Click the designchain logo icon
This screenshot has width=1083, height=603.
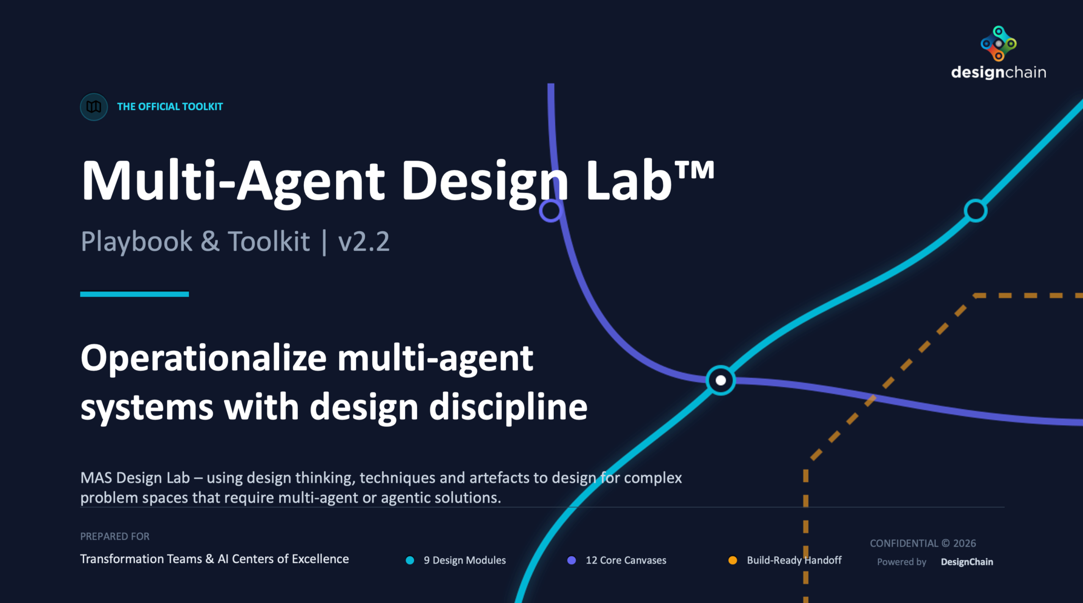pyautogui.click(x=998, y=43)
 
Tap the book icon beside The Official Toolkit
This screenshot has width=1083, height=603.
pyautogui.click(x=93, y=106)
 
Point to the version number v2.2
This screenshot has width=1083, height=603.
pyautogui.click(x=363, y=242)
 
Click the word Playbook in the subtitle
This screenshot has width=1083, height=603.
pyautogui.click(x=136, y=242)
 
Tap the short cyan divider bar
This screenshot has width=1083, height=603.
pyautogui.click(x=135, y=294)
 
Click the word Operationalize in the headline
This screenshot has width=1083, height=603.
pyautogui.click(x=203, y=358)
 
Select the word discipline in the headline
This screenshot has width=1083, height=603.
pyautogui.click(x=508, y=407)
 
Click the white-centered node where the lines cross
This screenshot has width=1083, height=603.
pyautogui.click(x=720, y=380)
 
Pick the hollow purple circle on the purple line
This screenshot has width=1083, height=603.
pyautogui.click(x=550, y=210)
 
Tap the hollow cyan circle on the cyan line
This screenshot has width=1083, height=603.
pyautogui.click(x=976, y=210)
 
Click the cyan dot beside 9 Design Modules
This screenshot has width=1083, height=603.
pyautogui.click(x=410, y=560)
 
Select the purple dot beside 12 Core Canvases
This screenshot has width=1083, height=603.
pyautogui.click(x=571, y=560)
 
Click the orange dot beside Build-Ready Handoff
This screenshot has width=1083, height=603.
pyautogui.click(x=733, y=560)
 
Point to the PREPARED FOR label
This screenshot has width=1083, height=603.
pyautogui.click(x=115, y=536)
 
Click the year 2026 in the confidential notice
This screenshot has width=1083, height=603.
pyautogui.click(x=965, y=543)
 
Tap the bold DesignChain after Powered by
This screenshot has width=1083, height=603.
pyautogui.click(x=967, y=562)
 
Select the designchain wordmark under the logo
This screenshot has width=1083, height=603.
pyautogui.click(x=998, y=73)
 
